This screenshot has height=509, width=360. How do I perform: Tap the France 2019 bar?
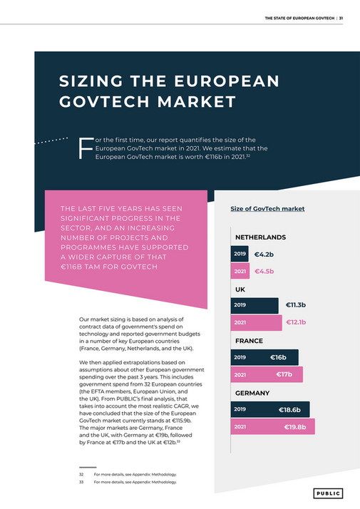pyautogui.click(x=264, y=357)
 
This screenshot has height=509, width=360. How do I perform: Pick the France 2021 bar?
pyautogui.click(x=267, y=374)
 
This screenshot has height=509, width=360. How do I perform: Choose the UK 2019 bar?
pyautogui.click(x=254, y=305)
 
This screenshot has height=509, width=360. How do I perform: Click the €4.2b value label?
pyautogui.click(x=264, y=254)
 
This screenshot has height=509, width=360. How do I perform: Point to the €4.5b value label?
pyautogui.click(x=264, y=271)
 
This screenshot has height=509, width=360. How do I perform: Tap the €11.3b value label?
pyautogui.click(x=295, y=305)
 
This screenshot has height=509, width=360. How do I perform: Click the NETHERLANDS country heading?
pyautogui.click(x=260, y=237)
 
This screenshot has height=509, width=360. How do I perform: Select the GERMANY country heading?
pyautogui.click(x=252, y=393)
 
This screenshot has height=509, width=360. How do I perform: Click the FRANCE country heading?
pyautogui.click(x=249, y=341)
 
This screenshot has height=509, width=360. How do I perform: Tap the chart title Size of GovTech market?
pyautogui.click(x=267, y=209)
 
